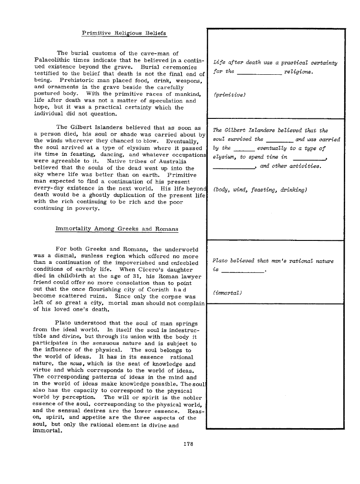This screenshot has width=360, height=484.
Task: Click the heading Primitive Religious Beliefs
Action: pyautogui.click(x=123, y=33)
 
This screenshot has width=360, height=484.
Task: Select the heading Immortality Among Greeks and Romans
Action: pyautogui.click(x=116, y=229)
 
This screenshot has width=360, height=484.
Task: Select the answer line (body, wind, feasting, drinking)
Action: pyautogui.click(x=260, y=190)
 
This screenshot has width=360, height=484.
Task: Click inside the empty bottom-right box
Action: pyautogui.click(x=275, y=365)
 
